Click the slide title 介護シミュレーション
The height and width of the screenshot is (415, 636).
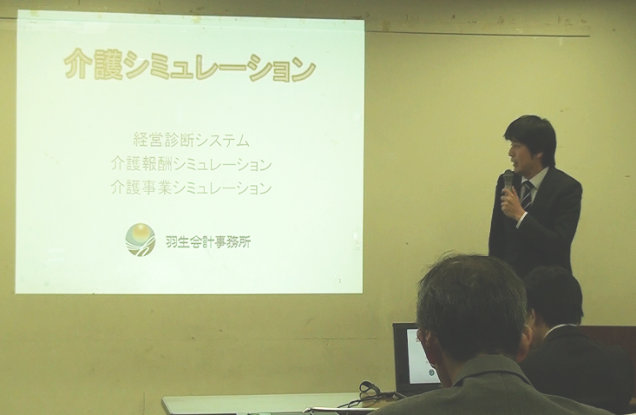click(189, 65)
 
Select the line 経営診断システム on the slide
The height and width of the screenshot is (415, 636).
click(191, 141)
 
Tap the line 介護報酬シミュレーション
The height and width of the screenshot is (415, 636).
click(191, 164)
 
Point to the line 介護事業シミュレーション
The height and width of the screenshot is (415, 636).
click(191, 188)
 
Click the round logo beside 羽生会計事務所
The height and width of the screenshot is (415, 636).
click(141, 240)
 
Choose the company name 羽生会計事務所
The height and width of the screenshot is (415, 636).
click(208, 242)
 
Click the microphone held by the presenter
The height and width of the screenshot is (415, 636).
click(508, 181)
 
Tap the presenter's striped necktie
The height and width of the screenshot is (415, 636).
click(527, 195)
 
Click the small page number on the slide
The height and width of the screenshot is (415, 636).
click(340, 280)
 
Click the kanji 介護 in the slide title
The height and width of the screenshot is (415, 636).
click(94, 64)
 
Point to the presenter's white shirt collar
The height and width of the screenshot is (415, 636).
click(534, 179)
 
